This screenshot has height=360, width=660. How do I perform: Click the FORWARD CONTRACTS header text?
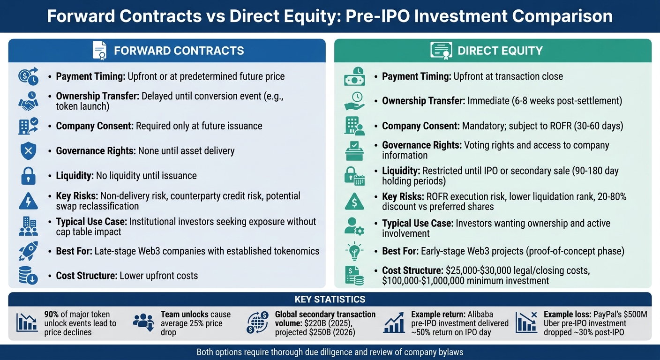click(x=179, y=51)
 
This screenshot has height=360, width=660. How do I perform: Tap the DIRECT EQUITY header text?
click(x=500, y=51)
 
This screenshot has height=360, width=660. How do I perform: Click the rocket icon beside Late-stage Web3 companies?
click(x=28, y=251)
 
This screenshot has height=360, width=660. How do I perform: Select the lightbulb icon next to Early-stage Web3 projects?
click(x=353, y=251)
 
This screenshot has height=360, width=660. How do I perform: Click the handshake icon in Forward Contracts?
click(x=28, y=101)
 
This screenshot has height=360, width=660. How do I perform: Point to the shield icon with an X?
click(x=28, y=151)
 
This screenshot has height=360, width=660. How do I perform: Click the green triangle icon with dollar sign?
click(x=354, y=201)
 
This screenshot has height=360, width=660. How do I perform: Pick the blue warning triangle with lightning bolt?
click(x=28, y=201)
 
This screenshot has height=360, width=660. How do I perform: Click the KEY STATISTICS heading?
click(x=330, y=299)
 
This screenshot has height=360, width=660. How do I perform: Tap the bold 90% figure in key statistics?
click(x=52, y=315)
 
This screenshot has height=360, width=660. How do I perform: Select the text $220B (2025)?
click(x=319, y=323)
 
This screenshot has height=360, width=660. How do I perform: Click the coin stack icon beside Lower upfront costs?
click(x=28, y=276)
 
